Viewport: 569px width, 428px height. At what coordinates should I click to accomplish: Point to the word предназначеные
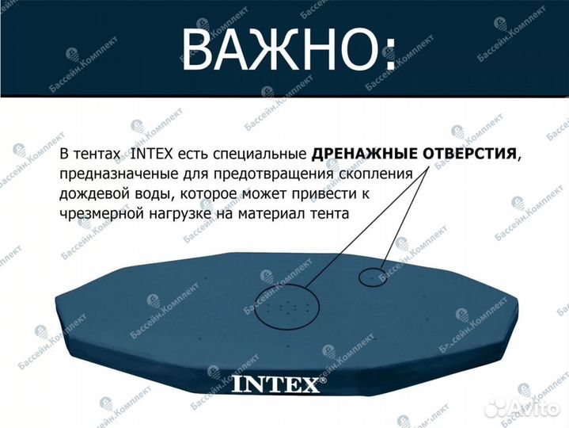pyautogui.click(x=112, y=174)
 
